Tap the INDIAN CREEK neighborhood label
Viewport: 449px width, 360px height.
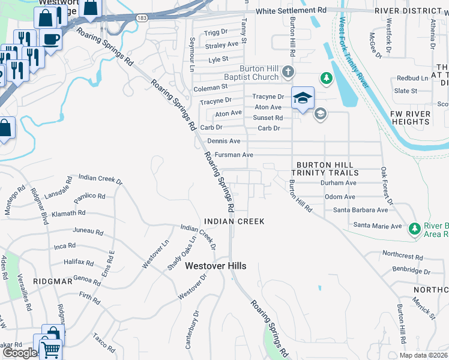click(234, 221)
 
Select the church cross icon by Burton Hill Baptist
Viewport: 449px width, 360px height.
click(288, 73)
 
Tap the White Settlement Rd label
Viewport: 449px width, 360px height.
click(291, 11)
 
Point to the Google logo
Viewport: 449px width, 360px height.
click(20, 353)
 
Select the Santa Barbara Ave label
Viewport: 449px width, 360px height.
click(361, 210)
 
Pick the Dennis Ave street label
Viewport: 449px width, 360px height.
click(223, 141)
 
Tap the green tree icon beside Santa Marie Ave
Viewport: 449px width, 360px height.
click(414, 228)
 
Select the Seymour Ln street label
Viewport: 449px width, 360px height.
click(192, 52)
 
